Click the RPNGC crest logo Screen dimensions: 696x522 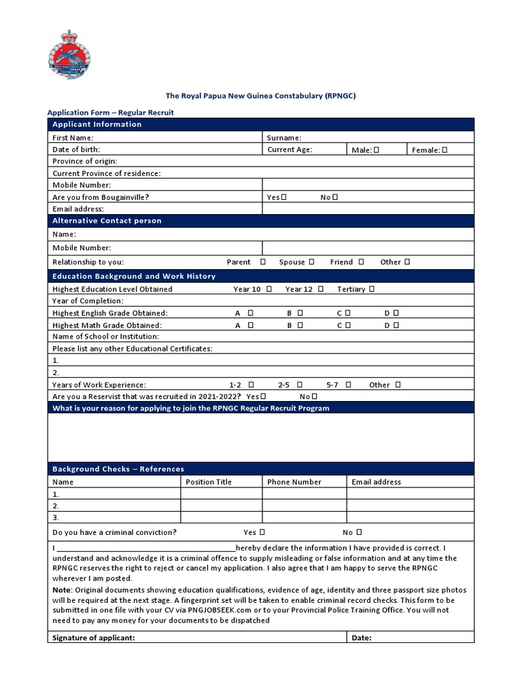click(72, 54)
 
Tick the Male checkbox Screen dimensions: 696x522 click(376, 150)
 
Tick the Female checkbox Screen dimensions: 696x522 click(445, 150)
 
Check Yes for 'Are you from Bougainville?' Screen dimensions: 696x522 click(283, 197)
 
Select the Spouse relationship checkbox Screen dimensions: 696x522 click(311, 262)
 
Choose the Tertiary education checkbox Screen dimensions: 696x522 click(372, 289)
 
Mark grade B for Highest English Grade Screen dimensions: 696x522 click(300, 313)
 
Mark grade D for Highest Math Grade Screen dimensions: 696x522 click(396, 325)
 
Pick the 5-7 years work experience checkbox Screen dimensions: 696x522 click(348, 385)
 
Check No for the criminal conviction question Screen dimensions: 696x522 click(359, 532)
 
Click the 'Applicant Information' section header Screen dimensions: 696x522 click(97, 124)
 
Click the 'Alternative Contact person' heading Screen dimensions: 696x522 click(107, 221)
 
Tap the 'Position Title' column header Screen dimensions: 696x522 click(209, 482)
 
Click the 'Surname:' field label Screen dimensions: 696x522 click(284, 138)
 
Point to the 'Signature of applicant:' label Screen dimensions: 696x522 click(94, 638)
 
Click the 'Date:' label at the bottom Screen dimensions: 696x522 click(361, 638)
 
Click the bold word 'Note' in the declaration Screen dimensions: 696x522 click(62, 590)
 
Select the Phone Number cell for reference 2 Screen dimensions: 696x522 click(304, 506)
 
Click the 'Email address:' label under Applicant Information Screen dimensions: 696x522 click(78, 209)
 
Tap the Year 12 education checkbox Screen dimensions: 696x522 click(320, 289)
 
